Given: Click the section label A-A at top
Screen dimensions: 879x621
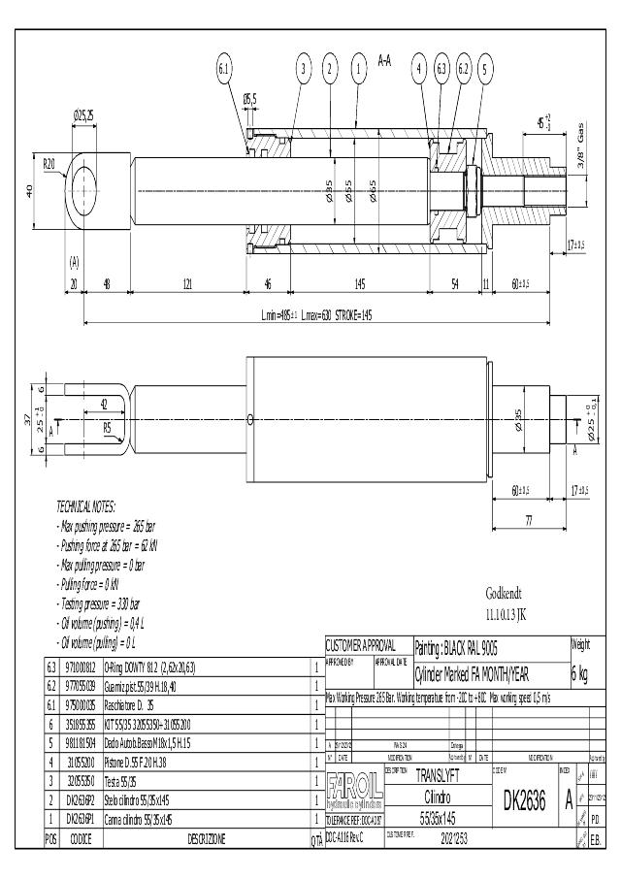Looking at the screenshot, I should (383, 60).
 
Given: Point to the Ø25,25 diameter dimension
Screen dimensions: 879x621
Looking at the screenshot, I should (83, 114).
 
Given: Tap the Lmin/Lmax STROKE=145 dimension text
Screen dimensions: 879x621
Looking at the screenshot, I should (316, 315).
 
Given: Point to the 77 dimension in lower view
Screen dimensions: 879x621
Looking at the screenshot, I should (529, 521).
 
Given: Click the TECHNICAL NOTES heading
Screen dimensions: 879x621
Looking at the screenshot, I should (85, 507).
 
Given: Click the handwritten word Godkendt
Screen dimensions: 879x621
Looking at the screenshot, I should (505, 594).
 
